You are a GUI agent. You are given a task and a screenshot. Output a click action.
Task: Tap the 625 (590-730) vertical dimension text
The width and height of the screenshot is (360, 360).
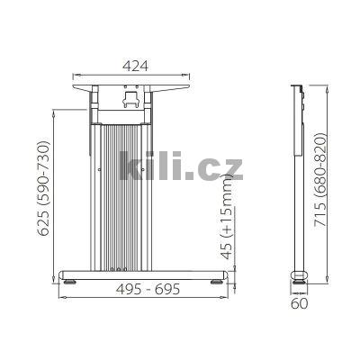tap(40, 193)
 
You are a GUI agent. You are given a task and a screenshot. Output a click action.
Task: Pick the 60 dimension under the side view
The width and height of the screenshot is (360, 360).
tap(301, 303)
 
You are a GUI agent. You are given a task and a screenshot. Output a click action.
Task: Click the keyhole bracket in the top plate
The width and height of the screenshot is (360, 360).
tap(127, 91)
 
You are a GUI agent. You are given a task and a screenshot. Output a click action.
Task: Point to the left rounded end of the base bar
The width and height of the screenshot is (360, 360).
tap(63, 274)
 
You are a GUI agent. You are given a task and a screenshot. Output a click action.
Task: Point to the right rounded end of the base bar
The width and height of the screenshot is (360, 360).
tap(225, 274)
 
